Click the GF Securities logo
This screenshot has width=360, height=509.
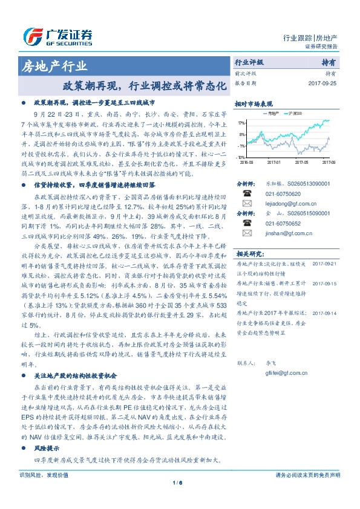(57, 37)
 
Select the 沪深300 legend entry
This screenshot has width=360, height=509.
(281, 113)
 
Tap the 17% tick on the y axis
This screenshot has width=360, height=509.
(241, 123)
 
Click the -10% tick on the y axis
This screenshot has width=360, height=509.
(241, 157)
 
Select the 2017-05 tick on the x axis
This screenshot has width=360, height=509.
(302, 162)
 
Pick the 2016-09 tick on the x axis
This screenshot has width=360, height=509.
(246, 162)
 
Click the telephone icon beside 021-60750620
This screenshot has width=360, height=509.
(246, 193)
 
